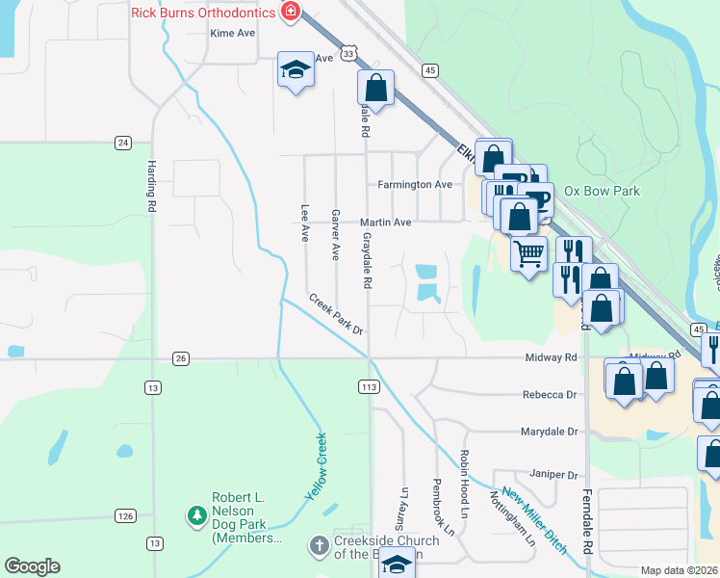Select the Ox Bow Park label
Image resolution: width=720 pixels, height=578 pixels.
click(x=602, y=192)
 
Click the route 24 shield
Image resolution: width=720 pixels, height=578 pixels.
click(x=122, y=143)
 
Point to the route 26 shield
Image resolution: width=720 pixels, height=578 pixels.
click(x=181, y=358)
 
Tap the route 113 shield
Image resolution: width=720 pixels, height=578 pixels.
click(x=368, y=386)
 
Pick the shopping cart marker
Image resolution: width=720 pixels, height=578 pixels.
click(x=528, y=254)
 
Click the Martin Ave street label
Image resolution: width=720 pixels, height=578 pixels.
click(x=385, y=223)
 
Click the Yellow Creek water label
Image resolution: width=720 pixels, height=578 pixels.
click(x=317, y=466)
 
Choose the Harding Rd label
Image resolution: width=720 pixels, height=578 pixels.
click(x=151, y=187)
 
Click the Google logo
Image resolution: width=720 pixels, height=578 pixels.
click(x=32, y=566)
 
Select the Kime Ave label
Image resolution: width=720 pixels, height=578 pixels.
click(x=233, y=33)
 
